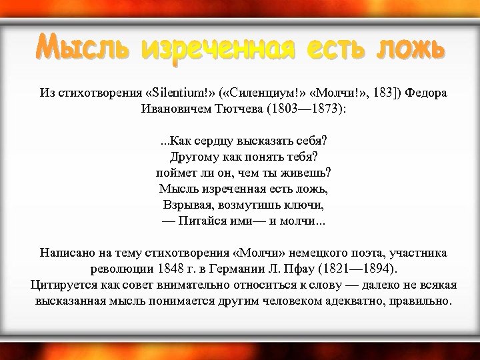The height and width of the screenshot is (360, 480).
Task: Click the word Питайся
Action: [203, 221]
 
